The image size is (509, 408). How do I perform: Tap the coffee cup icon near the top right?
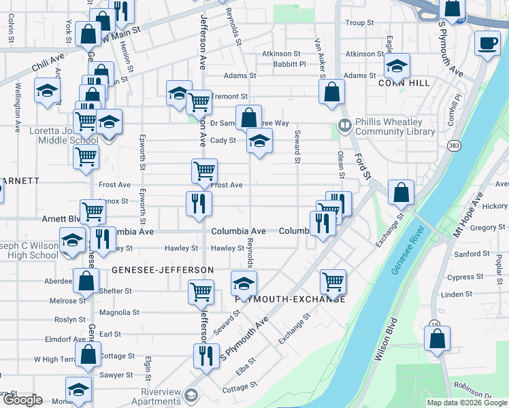[487, 44]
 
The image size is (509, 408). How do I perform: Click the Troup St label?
[360, 22]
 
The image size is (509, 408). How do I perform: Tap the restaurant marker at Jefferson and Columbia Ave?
[199, 204]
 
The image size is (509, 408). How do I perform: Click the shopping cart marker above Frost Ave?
[204, 171]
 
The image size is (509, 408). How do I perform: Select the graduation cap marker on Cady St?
[259, 141]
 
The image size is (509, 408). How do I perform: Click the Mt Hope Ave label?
[468, 214]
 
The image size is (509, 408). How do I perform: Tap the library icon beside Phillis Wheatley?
[344, 126]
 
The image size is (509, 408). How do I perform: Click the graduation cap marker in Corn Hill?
[397, 67]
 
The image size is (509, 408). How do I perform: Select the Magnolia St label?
[119, 313]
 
